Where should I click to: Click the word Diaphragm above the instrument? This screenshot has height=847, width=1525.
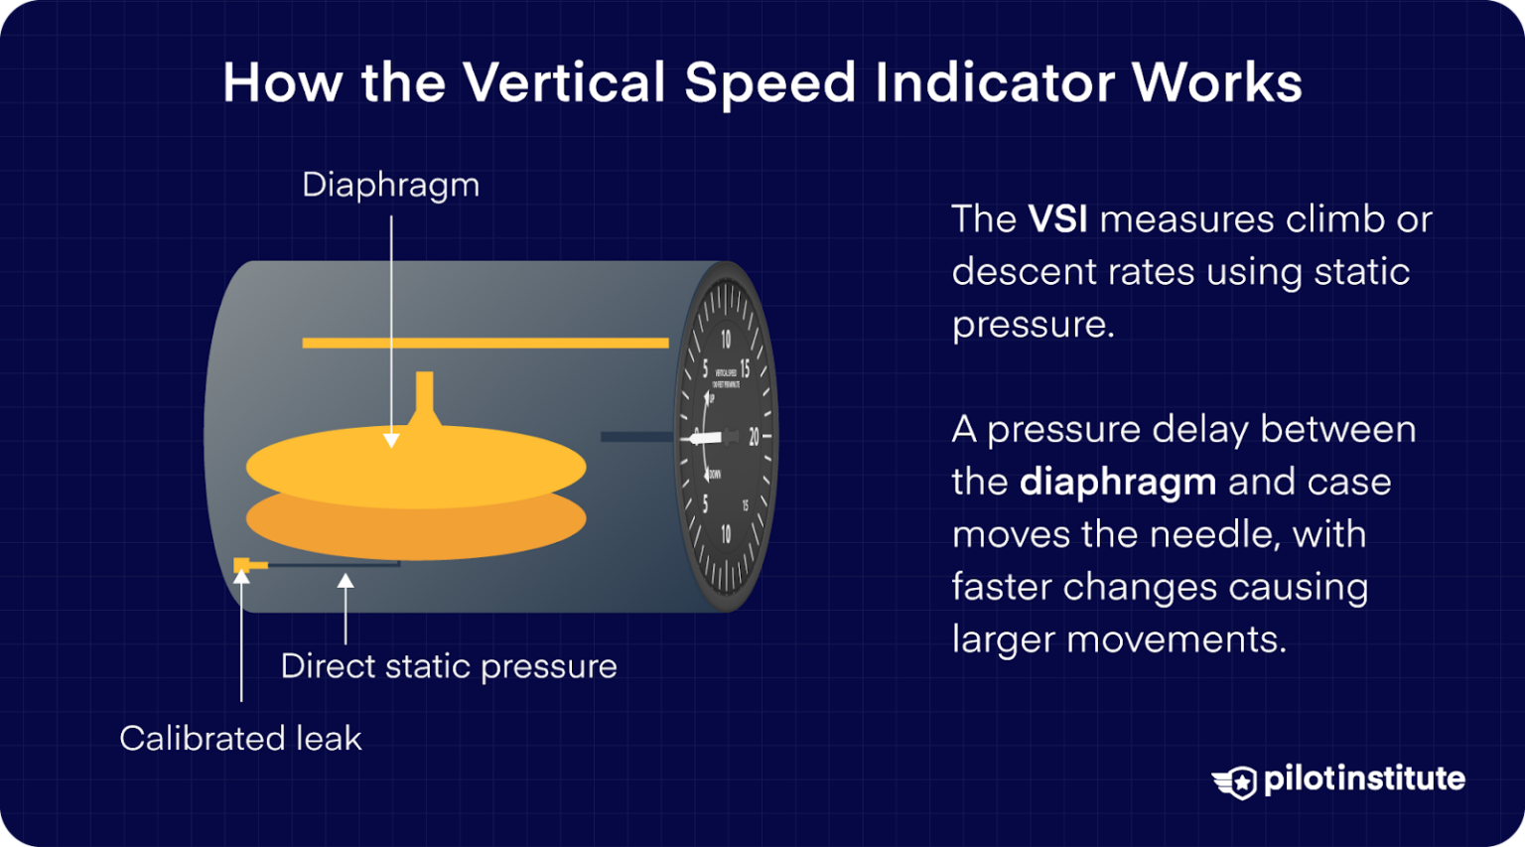point(390,186)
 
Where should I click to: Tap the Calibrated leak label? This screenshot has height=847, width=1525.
point(240,739)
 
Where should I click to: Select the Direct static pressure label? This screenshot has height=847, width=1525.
point(448,666)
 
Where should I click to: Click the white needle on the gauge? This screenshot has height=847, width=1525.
point(707,437)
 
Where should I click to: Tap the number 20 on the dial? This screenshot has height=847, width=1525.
point(754,437)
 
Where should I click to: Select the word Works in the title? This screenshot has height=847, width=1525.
point(1216,82)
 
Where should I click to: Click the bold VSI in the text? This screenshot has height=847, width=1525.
point(1057,219)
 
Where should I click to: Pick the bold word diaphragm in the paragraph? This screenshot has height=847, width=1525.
point(1118,483)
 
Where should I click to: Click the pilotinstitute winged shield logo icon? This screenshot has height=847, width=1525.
point(1235,781)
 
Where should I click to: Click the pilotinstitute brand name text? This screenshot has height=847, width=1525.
point(1364,779)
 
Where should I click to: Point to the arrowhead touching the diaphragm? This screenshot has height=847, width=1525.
point(391,440)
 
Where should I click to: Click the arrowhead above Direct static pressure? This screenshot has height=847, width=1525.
point(346,582)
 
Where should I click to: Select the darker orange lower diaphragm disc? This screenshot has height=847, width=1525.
point(416,531)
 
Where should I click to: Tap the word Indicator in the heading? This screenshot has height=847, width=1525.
point(995,82)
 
